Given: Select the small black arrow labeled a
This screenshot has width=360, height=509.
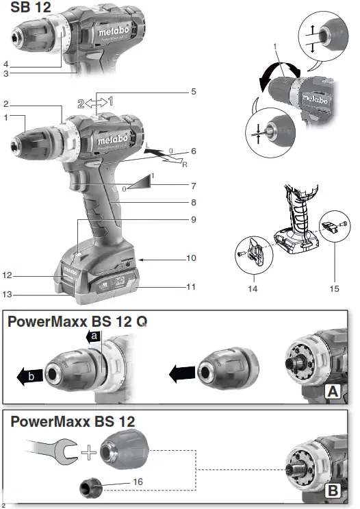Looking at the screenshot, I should point(94,336).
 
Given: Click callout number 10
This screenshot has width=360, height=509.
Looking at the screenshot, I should point(192,258).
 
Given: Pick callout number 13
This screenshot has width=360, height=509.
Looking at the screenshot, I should point(7,295).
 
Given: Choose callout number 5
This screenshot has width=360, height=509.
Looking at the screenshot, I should point(194,91).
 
